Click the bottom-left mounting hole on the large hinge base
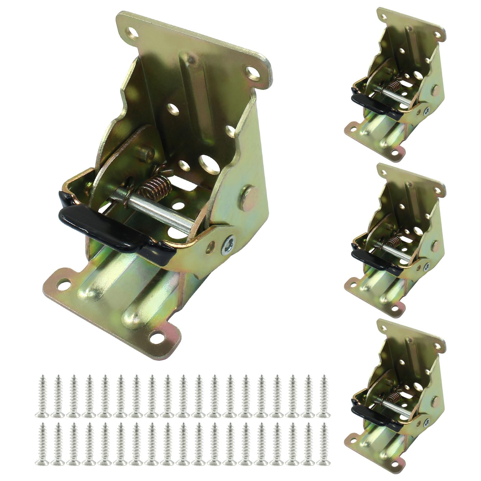[64, 282]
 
